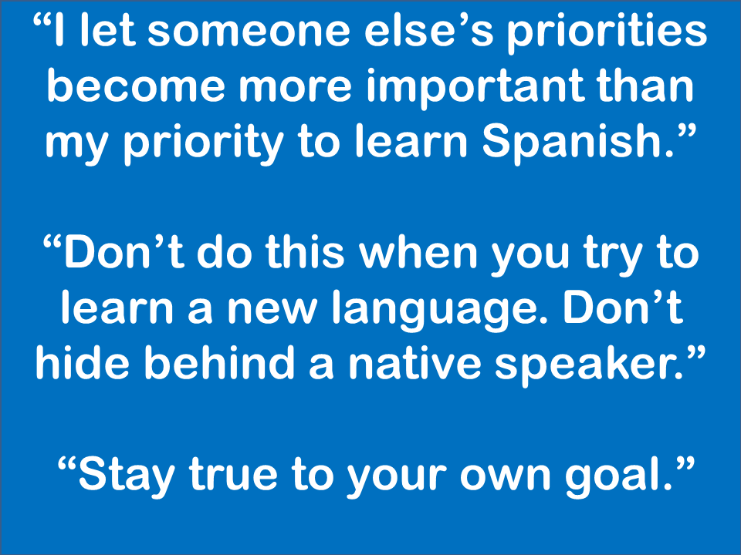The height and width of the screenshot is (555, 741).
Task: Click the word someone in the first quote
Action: [x=249, y=31]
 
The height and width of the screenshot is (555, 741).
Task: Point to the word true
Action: [x=233, y=473]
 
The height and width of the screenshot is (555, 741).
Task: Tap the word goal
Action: [x=619, y=476]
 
